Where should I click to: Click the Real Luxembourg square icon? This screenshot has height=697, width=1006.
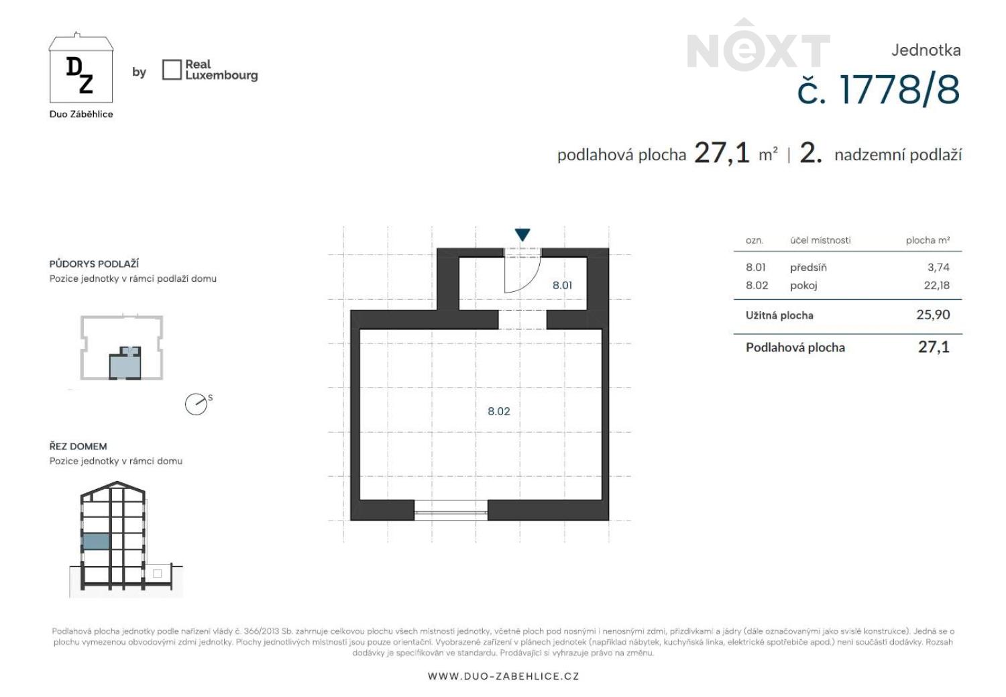point(172,70)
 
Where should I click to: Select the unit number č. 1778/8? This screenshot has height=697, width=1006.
point(879,90)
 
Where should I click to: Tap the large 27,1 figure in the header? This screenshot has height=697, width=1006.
point(722,153)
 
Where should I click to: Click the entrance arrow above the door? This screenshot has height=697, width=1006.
point(522,234)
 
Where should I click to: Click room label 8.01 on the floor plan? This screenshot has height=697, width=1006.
point(562,285)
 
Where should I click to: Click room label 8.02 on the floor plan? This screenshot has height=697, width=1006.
point(498,411)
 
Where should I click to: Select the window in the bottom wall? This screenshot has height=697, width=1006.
point(451,511)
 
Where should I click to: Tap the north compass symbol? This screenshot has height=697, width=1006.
point(197,405)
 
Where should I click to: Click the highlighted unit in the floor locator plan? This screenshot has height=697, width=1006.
point(125,363)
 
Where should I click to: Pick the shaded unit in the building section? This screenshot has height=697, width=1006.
point(96,541)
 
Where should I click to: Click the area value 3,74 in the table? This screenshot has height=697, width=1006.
point(938,267)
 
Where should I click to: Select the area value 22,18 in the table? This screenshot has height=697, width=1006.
point(936,285)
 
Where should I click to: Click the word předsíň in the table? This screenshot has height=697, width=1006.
point(808,268)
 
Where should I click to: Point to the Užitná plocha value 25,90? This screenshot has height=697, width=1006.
point(933,315)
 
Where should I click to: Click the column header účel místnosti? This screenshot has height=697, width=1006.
point(820,240)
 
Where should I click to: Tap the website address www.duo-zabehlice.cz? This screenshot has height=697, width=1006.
point(504,676)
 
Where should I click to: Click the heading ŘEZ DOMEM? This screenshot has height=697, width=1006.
point(78,446)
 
